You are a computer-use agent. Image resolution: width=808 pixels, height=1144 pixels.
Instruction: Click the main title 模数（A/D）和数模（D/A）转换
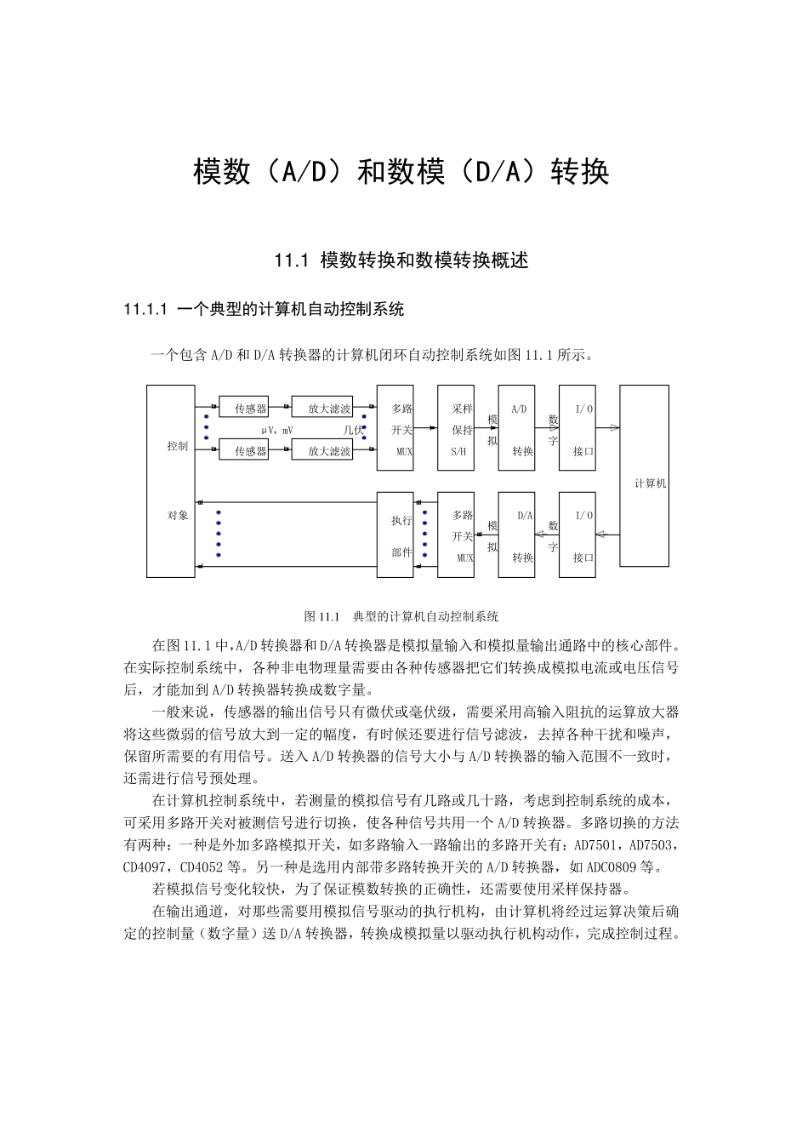401,173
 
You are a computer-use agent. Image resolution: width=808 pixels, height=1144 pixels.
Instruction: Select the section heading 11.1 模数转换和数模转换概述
401,260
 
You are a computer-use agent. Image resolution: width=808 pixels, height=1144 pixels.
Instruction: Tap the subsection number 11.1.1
147,309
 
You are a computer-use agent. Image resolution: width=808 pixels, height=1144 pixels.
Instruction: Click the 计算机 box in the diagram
644,475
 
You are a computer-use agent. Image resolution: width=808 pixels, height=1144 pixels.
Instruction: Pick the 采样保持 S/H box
456,428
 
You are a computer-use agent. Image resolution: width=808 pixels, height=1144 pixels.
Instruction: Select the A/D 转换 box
516,428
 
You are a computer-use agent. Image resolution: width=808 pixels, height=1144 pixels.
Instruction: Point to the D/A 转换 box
516,535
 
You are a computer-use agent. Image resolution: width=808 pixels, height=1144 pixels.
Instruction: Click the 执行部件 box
395,535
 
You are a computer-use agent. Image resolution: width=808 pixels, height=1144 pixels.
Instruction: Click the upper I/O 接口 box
577,428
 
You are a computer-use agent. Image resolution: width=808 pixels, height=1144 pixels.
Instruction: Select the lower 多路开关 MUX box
456,535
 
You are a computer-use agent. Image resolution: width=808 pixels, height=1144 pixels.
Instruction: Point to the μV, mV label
276,431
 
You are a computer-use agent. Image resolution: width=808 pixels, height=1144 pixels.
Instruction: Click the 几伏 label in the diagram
352,431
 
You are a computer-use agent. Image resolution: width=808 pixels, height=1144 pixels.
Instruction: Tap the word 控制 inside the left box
177,446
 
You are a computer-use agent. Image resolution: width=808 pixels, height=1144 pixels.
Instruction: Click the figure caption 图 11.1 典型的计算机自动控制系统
401,616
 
